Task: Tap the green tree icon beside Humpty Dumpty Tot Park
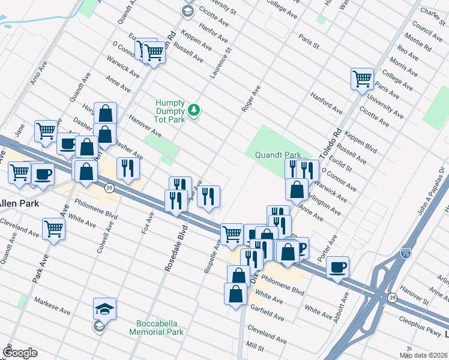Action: coord(193,110)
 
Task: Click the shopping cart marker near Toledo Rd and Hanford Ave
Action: coord(363,78)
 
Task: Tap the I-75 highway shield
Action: coord(406,255)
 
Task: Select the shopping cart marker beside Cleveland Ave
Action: coord(54,229)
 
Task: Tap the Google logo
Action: coord(20,353)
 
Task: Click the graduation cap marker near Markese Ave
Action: coord(104,308)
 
